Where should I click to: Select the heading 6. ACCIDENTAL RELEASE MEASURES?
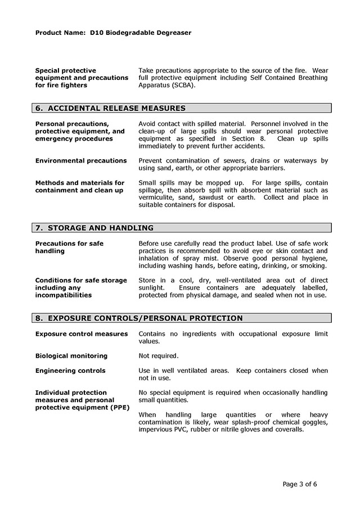click(x=110, y=108)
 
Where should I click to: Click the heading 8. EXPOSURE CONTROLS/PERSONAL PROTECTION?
click(x=139, y=318)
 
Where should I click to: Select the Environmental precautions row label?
click(x=81, y=161)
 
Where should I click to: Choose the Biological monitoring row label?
click(x=71, y=356)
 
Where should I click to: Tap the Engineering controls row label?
click(x=70, y=371)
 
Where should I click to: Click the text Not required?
click(x=158, y=356)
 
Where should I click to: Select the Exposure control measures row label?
click(x=82, y=334)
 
